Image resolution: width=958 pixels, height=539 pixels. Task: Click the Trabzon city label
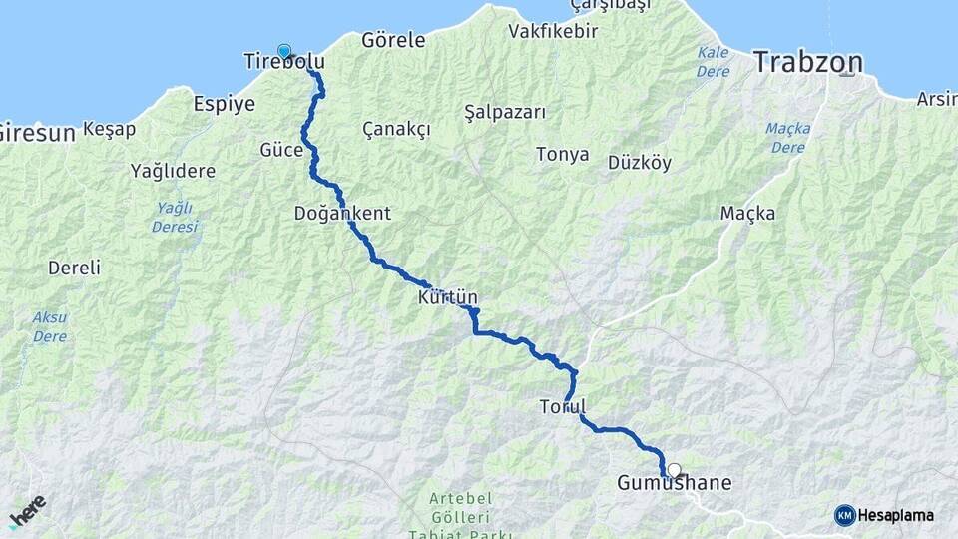click(x=807, y=62)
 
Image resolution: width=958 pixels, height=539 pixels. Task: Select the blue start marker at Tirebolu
click(x=284, y=51)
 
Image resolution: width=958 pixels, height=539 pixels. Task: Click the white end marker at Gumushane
click(x=675, y=469)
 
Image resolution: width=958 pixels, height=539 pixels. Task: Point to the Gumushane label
click(x=675, y=484)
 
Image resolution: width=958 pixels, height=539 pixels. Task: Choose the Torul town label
click(x=562, y=407)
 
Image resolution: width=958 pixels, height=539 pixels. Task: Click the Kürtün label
click(x=449, y=297)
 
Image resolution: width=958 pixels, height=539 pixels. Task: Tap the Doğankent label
click(x=342, y=214)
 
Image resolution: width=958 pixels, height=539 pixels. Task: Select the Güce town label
click(x=281, y=150)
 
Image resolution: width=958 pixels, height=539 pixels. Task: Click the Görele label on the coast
click(x=393, y=41)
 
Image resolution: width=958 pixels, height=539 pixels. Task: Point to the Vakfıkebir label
click(x=553, y=31)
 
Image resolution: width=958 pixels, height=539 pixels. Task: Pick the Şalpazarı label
click(x=505, y=112)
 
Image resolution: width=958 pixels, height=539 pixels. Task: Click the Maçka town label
click(x=747, y=214)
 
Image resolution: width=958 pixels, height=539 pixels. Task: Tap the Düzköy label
click(x=639, y=163)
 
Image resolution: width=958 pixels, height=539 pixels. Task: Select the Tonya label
click(x=563, y=155)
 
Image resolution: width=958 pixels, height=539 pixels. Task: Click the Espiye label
click(x=224, y=103)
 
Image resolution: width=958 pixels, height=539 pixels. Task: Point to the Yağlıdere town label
click(x=173, y=171)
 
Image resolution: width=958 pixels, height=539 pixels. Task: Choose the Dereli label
click(x=75, y=268)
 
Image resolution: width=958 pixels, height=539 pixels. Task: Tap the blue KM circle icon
click(x=844, y=515)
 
